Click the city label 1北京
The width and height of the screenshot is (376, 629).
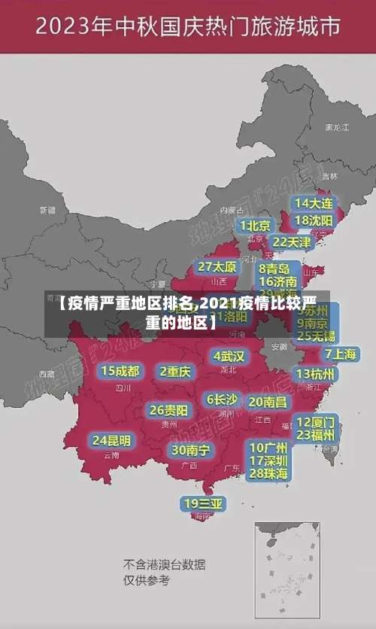255,225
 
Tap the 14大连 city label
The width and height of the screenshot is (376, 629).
314,203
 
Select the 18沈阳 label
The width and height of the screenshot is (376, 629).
314,220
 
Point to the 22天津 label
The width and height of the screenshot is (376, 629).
291,242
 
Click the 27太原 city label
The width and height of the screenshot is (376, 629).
217,267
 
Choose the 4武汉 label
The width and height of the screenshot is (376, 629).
229,355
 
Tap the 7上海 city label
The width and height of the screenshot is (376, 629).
340,354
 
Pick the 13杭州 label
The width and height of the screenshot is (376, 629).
316,374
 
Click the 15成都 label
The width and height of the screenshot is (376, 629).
120,371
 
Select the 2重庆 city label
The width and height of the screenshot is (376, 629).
175,371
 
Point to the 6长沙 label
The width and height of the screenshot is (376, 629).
222,400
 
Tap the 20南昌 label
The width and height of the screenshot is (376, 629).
268,402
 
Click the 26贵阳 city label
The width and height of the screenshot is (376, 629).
168,410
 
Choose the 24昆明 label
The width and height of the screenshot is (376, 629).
111,440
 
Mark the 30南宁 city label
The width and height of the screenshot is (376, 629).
190,450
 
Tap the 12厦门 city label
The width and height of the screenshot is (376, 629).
315,421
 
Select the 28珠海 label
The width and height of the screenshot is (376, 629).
268,473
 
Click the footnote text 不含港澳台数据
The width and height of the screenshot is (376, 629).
164,564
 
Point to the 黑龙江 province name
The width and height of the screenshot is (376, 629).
336,128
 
